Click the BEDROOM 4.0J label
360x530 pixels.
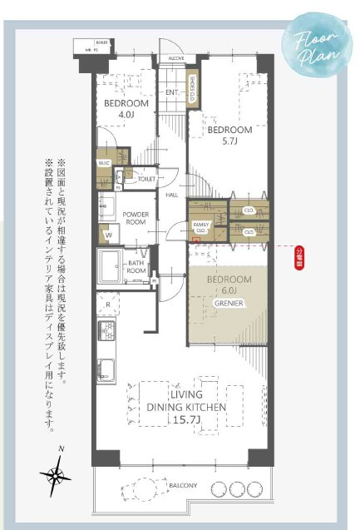pos(126,108)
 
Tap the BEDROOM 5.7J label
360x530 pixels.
pos(229,136)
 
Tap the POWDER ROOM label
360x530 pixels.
pos(136,219)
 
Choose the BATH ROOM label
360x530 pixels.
pos(136,266)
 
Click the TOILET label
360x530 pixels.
pos(147,179)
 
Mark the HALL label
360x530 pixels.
pos(172,195)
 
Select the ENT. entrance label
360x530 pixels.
pos(172,92)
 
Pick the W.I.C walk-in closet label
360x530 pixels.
pos(104,162)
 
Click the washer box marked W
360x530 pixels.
pos(108,235)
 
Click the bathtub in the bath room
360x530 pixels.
pos(111,267)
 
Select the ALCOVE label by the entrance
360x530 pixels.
pos(176,59)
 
